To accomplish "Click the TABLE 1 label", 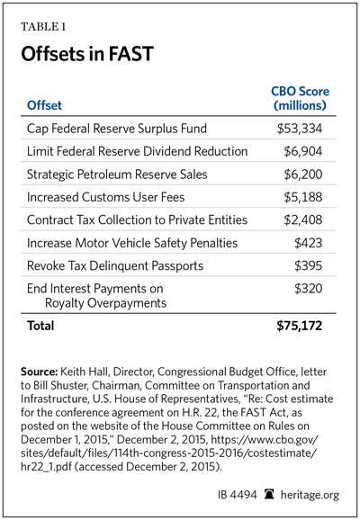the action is pos(43,26).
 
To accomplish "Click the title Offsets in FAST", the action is pos(87,54).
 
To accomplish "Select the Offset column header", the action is pos(44,105).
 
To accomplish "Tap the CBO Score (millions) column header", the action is pos(300,98).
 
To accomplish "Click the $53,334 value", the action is pos(300,129).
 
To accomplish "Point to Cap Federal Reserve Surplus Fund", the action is pos(117,129).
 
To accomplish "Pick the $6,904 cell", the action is pos(303,151).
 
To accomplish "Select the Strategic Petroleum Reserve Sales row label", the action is pos(117,175).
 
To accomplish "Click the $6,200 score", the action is pos(303,175).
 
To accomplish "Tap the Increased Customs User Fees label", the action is pos(105,197).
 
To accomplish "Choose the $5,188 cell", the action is pos(303,197).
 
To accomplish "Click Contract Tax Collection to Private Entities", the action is pos(137,220).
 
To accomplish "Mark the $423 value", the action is pos(308,243).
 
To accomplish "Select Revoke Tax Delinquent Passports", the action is pos(115,265).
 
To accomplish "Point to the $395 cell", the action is pos(308,266).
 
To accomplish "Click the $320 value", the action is pos(308,289).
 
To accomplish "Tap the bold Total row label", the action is pos(40,326).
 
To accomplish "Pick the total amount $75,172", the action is pos(300,326).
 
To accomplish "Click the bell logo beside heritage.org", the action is pos(269,495).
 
